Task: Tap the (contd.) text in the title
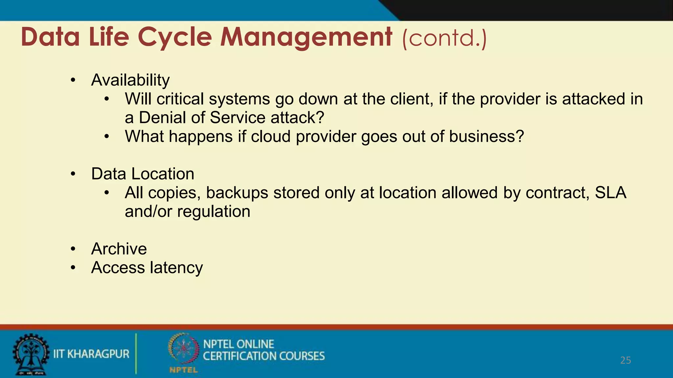click(x=444, y=38)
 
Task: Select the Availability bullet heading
click(x=130, y=80)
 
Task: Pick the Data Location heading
click(x=143, y=174)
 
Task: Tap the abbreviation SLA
click(x=611, y=193)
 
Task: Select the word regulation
click(x=214, y=212)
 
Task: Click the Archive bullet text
click(x=119, y=249)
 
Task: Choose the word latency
click(x=176, y=268)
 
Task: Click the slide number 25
click(x=625, y=360)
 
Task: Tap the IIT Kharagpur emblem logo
click(x=30, y=354)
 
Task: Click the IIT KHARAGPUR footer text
click(x=91, y=354)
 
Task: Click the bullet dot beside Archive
click(x=73, y=249)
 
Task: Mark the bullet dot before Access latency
click(x=73, y=268)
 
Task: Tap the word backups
click(x=237, y=193)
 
